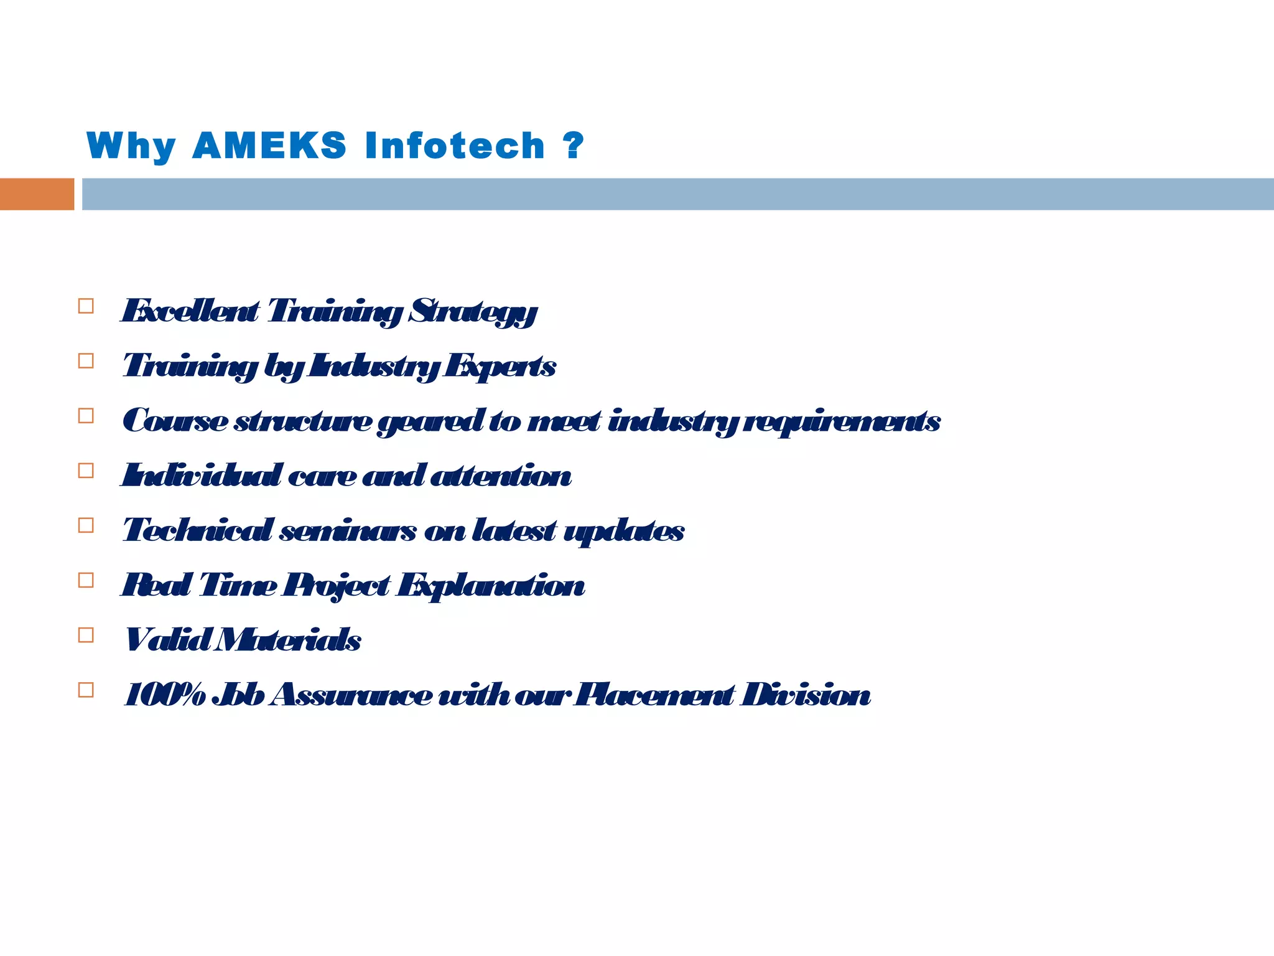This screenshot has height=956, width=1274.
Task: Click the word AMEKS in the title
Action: tap(269, 146)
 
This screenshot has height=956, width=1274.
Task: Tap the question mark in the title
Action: tap(573, 146)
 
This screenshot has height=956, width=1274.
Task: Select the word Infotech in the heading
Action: tap(455, 146)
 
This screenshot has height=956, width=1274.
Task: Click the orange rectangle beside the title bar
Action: tap(37, 194)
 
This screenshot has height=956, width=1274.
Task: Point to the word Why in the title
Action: tap(131, 147)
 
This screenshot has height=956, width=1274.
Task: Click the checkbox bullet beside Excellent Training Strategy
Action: tap(86, 306)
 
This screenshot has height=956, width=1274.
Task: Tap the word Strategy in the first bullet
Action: tap(473, 311)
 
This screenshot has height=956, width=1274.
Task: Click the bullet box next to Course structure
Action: tap(86, 416)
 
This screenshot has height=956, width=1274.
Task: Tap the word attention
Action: tap(500, 476)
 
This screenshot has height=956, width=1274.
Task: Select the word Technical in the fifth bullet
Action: tap(197, 531)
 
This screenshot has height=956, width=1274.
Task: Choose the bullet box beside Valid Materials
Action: tap(86, 635)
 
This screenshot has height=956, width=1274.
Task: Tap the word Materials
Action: tap(287, 640)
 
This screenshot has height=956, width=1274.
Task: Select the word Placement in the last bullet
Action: tap(653, 695)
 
